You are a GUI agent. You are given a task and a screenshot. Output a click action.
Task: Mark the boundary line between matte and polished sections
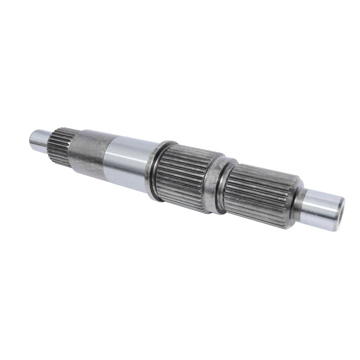pyautogui.click(x=105, y=158)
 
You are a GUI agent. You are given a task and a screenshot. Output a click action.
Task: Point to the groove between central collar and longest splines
pyautogui.click(x=221, y=190)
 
